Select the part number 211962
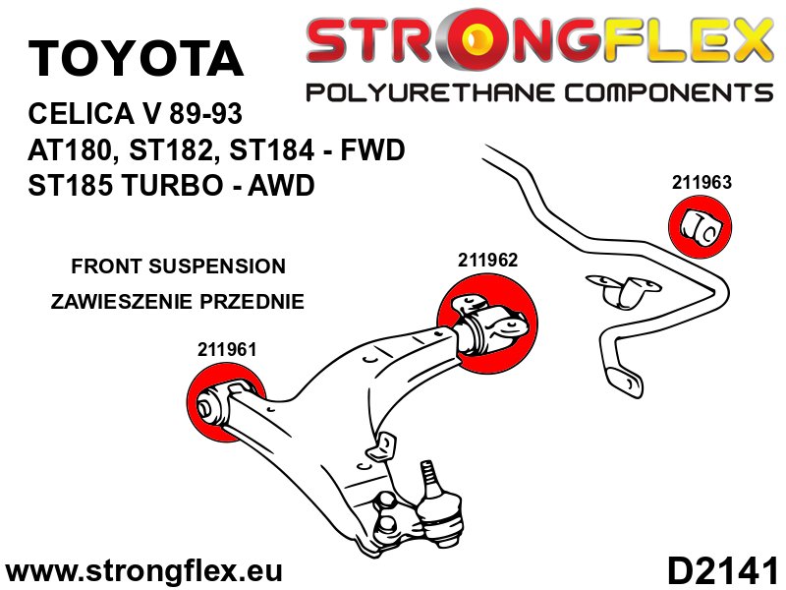pyautogui.click(x=487, y=261)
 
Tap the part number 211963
pyautogui.click(x=702, y=182)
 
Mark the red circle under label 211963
pyautogui.click(x=702, y=225)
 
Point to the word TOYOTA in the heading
pyautogui.click(x=136, y=59)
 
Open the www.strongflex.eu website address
pyautogui.click(x=144, y=570)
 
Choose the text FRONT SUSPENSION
pyautogui.click(x=179, y=266)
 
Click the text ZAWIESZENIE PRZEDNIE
pyautogui.click(x=178, y=301)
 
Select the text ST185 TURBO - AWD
pyautogui.click(x=173, y=185)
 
